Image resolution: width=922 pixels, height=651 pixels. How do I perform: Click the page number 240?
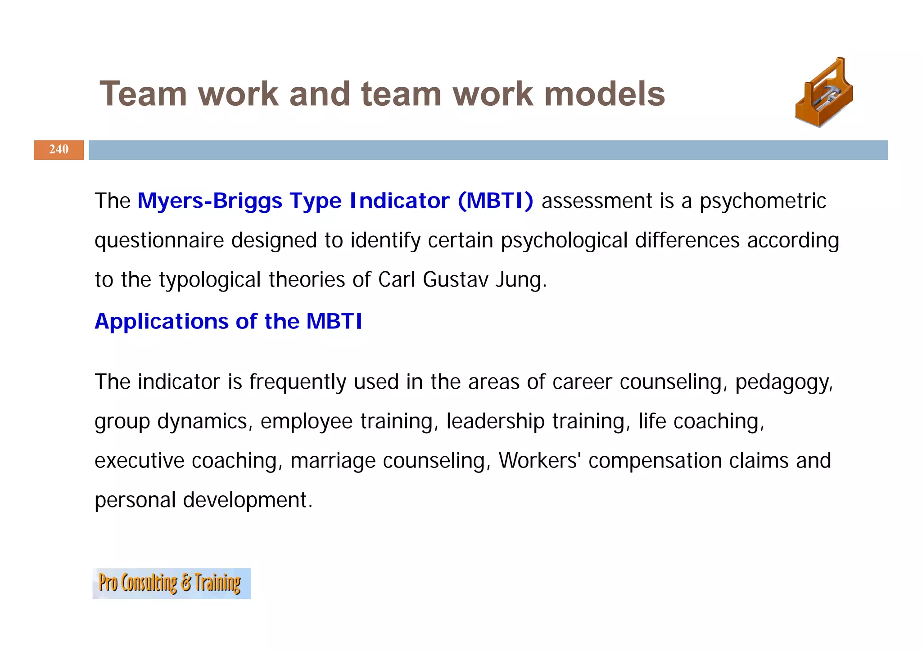pyautogui.click(x=59, y=149)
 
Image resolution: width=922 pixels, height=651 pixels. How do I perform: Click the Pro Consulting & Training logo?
pyautogui.click(x=171, y=583)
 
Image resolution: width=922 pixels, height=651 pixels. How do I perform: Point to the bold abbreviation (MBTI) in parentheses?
pyautogui.click(x=495, y=201)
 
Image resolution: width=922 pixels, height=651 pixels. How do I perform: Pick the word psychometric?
pyautogui.click(x=763, y=201)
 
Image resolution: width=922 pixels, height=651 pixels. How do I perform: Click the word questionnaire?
pyautogui.click(x=159, y=240)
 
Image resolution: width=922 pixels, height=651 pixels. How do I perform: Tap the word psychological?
pyautogui.click(x=564, y=240)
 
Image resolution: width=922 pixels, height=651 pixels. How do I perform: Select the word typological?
pyautogui.click(x=210, y=279)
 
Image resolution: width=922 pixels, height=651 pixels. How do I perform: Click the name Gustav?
pyautogui.click(x=455, y=279)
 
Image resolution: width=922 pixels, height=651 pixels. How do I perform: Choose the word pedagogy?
pyautogui.click(x=784, y=382)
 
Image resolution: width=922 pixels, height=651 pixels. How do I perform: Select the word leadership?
pyautogui.click(x=495, y=422)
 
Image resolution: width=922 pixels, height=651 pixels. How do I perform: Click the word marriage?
pyautogui.click(x=333, y=461)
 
